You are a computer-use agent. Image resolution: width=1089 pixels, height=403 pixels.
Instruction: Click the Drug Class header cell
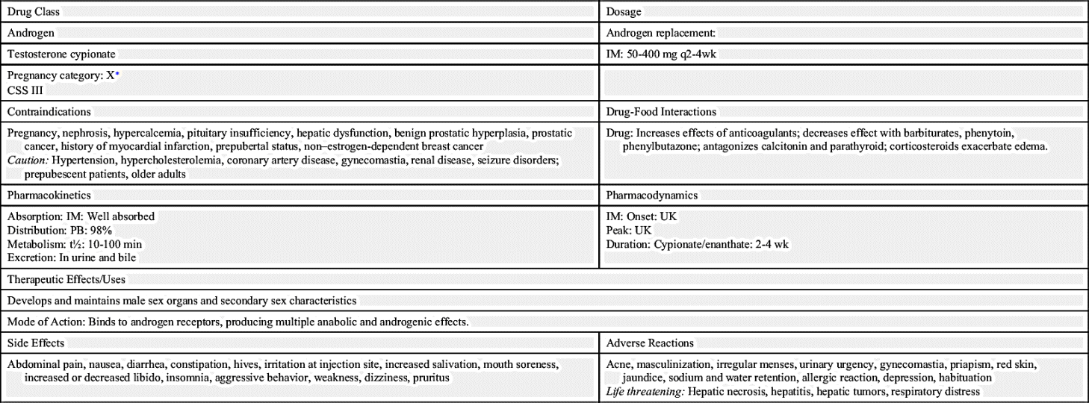[x=34, y=13]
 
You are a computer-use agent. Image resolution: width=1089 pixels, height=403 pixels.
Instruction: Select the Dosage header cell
[x=624, y=13]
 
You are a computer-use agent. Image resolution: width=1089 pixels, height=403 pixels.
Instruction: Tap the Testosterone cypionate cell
[x=61, y=54]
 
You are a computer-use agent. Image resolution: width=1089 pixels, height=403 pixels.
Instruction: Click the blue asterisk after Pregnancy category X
[x=117, y=74]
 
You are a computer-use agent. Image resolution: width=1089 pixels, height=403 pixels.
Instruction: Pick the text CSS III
[x=22, y=90]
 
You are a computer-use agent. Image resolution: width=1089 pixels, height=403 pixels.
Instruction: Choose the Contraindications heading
[x=49, y=112]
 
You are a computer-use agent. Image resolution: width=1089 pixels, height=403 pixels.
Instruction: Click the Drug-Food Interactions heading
[x=661, y=112]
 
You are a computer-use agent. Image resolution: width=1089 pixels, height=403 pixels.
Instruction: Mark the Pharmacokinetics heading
[x=49, y=196]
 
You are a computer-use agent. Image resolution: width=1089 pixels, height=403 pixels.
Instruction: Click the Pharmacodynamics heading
[x=652, y=196]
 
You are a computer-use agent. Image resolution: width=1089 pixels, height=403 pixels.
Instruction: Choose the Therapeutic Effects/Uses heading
[x=66, y=279]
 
